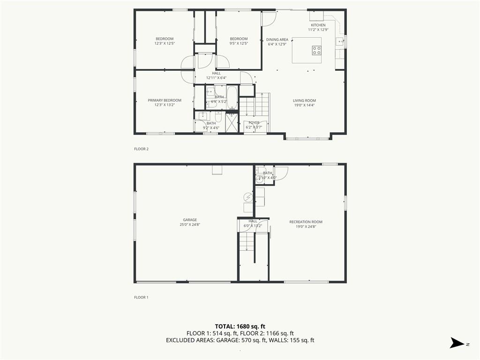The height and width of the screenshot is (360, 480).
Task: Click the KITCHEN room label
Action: pos(318,25)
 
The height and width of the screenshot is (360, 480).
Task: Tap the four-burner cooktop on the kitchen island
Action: pos(316,50)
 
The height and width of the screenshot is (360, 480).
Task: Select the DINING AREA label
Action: pos(277,40)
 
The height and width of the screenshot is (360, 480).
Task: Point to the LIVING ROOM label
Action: pos(304,100)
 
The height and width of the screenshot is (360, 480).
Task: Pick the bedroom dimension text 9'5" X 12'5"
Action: pos(239,44)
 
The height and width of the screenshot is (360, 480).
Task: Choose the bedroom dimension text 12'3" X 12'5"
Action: pos(164,44)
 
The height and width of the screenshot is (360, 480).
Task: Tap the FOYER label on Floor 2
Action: pos(254,123)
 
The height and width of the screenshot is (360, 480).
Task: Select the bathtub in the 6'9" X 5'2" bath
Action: pos(232,97)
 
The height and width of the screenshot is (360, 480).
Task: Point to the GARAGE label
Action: pos(190,220)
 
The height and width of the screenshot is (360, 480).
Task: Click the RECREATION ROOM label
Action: pos(306,222)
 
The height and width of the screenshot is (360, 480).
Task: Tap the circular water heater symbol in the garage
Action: pos(248,197)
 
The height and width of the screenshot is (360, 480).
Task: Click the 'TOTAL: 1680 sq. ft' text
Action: pos(240,326)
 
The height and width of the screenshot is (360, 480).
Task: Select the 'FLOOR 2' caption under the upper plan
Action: pos(141,149)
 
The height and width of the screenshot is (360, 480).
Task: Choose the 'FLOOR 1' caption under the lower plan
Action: pos(141,297)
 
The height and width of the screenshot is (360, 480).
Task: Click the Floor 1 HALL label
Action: pos(253,221)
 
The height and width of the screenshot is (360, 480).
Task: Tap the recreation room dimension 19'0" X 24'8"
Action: pos(306,227)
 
